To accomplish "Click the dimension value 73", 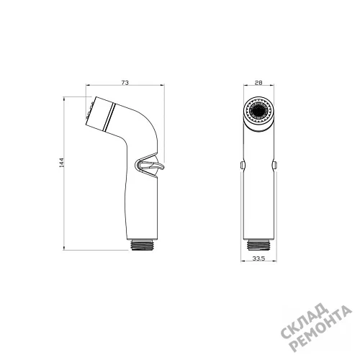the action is [125, 82].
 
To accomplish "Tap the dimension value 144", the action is [62, 163].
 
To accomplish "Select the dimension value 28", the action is [258, 83].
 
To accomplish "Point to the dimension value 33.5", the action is [258, 258].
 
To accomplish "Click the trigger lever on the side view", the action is [150, 166].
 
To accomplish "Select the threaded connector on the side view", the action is [142, 245].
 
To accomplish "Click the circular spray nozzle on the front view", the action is [258, 111].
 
